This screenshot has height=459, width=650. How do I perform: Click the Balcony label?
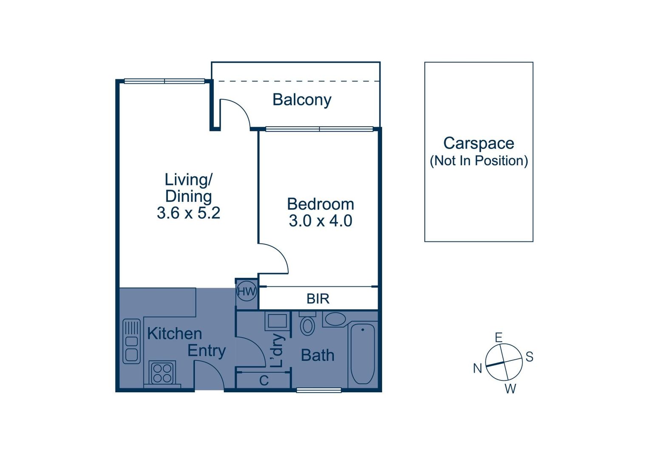302,100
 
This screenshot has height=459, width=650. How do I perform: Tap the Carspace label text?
479,143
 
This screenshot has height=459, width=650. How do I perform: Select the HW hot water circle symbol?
247,291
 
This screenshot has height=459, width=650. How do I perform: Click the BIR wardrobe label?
318,298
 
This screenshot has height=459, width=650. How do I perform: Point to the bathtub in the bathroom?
363,354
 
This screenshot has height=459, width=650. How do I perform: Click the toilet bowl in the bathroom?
307,326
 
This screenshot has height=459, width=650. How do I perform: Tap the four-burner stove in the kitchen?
162,373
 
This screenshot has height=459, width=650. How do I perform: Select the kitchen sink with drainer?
131,341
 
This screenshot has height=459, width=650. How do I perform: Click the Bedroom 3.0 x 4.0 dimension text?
321,221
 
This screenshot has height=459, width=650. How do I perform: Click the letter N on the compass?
477,368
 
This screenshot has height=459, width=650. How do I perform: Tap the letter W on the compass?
511,388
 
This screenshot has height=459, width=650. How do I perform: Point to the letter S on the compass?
530,357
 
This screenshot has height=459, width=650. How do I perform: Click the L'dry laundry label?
278,351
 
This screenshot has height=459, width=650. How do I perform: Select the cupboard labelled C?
264,380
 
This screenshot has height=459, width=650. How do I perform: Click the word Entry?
206,351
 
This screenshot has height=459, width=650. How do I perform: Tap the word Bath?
318,355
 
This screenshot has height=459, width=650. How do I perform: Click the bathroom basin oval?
335,319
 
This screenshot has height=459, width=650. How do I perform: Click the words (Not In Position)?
479,161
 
